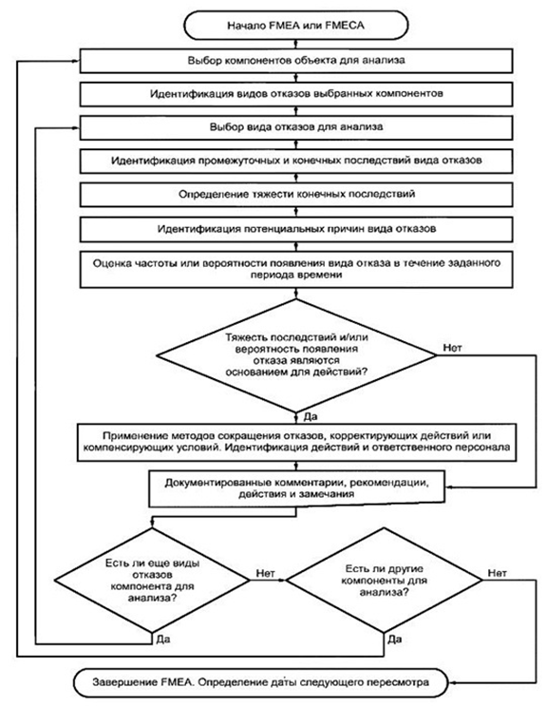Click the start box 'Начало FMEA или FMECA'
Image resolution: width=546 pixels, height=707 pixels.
click(x=296, y=26)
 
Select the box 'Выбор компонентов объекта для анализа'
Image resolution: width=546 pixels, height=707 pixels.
click(x=296, y=61)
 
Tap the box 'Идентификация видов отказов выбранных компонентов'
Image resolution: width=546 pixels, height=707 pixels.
click(x=296, y=94)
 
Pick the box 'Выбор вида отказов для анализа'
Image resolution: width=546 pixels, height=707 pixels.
click(x=296, y=127)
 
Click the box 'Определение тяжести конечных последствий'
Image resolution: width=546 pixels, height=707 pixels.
click(x=296, y=195)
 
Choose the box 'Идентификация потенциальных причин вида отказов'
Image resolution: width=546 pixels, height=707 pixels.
click(x=296, y=229)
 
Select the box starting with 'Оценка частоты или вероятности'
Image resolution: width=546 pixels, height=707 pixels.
click(x=296, y=269)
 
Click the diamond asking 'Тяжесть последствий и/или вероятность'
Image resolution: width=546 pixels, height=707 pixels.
click(x=296, y=355)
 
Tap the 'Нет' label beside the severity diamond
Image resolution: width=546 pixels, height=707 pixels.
click(x=452, y=348)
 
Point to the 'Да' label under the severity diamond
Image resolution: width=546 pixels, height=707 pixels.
click(x=311, y=416)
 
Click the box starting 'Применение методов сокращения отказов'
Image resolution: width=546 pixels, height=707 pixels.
click(x=296, y=442)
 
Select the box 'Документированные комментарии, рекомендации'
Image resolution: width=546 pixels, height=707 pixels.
click(x=296, y=488)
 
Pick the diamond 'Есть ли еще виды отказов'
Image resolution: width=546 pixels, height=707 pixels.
click(x=152, y=580)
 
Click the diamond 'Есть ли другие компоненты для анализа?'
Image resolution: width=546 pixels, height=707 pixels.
click(x=385, y=580)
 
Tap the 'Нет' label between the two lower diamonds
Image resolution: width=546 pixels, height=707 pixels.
click(x=265, y=573)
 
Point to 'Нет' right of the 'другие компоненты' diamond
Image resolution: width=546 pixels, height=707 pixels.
click(x=498, y=573)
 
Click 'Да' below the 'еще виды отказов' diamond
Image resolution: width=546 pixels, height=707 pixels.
click(x=163, y=640)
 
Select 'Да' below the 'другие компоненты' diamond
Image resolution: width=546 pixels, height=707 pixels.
click(x=395, y=640)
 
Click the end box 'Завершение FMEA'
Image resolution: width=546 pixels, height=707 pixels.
click(x=261, y=682)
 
